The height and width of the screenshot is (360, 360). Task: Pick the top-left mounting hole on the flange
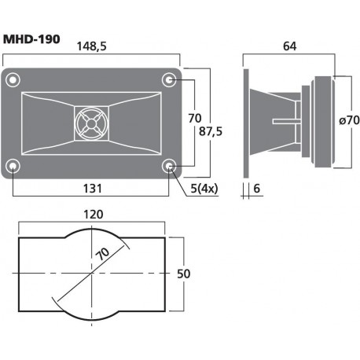[x=13, y=79]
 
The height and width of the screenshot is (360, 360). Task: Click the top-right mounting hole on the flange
[x=170, y=79]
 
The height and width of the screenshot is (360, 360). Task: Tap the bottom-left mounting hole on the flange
[x=13, y=166]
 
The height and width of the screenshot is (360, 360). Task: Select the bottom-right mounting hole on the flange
[x=170, y=166]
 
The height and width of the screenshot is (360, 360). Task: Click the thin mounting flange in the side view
[x=247, y=122]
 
